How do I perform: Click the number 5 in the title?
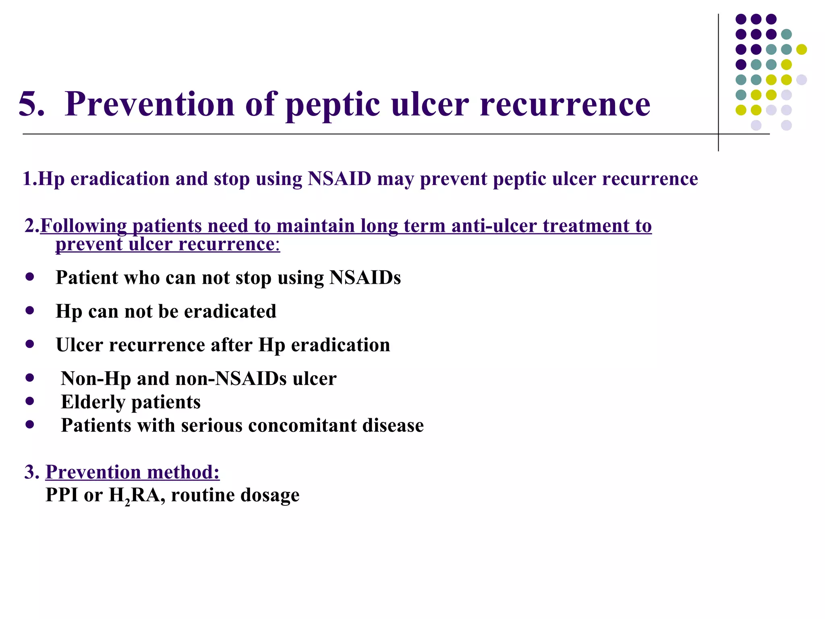click(31, 104)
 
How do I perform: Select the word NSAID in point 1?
click(339, 179)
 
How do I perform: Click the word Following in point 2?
click(83, 226)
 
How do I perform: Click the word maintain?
click(315, 226)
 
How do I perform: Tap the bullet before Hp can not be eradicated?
click(29, 311)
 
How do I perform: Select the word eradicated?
click(230, 311)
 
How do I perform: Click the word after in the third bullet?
click(232, 345)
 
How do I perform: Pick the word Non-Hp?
click(96, 378)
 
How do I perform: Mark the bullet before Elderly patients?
click(29, 401)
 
